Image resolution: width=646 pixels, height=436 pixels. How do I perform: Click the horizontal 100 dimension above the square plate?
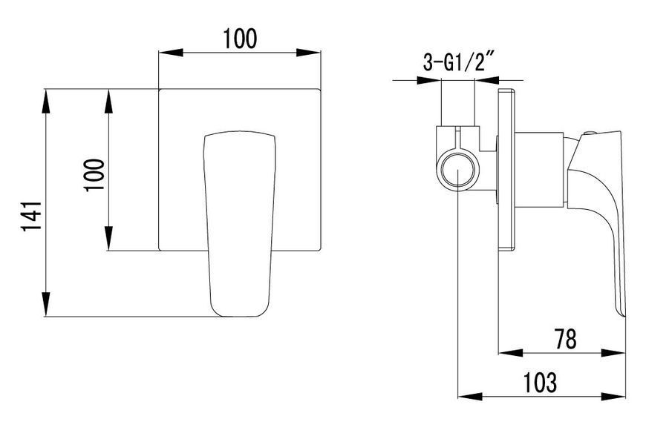coord(240,39)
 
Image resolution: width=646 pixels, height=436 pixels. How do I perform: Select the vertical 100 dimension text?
coord(94,175)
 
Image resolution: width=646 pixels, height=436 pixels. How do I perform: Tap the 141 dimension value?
coord(32,216)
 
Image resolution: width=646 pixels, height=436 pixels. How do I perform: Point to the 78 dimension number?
coord(565,339)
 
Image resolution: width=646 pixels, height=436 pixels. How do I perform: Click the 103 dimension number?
coord(540,382)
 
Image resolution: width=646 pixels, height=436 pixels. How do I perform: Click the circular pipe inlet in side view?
coord(460,171)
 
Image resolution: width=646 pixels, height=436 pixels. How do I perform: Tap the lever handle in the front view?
coord(239,224)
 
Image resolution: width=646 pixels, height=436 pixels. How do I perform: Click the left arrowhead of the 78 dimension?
coord(511,353)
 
